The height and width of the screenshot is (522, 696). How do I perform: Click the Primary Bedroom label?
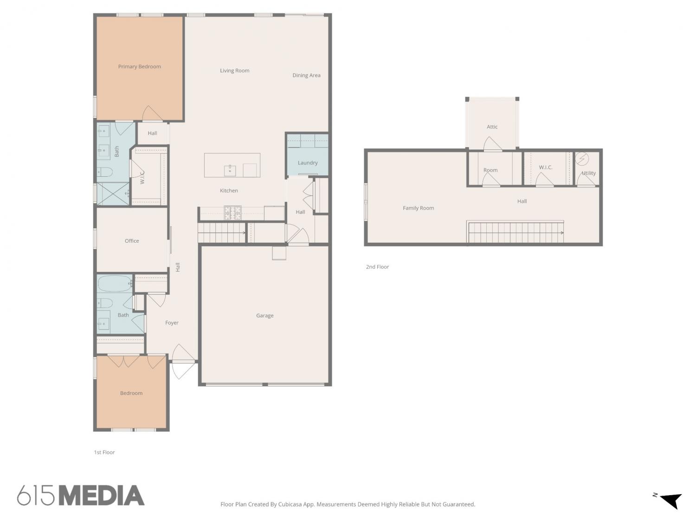coord(139,66)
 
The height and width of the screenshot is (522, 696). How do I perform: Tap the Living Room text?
coord(235,71)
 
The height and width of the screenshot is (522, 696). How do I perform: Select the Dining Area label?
coord(306,76)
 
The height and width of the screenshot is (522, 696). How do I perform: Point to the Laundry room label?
coord(308,163)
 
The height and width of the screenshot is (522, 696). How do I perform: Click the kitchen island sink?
coord(230,170)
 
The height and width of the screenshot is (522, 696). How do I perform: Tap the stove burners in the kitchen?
coord(232,213)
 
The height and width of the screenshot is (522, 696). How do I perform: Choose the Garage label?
coord(265,316)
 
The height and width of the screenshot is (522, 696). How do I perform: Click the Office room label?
coord(132,241)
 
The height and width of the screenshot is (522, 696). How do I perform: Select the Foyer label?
coord(172,323)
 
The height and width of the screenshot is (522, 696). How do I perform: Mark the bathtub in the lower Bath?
coord(115,284)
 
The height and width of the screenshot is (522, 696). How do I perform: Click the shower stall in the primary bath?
coord(113,194)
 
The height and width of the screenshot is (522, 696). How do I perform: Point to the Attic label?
coord(492,127)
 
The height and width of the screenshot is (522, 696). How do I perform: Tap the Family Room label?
coord(418,208)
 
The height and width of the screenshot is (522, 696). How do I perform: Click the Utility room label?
coord(589,173)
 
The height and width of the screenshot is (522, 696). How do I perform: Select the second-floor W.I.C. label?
coord(546,168)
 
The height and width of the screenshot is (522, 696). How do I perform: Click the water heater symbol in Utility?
coord(582,159)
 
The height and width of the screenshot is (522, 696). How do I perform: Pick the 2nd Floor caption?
coord(377,267)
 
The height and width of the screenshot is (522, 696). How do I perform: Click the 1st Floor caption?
coord(104,452)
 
